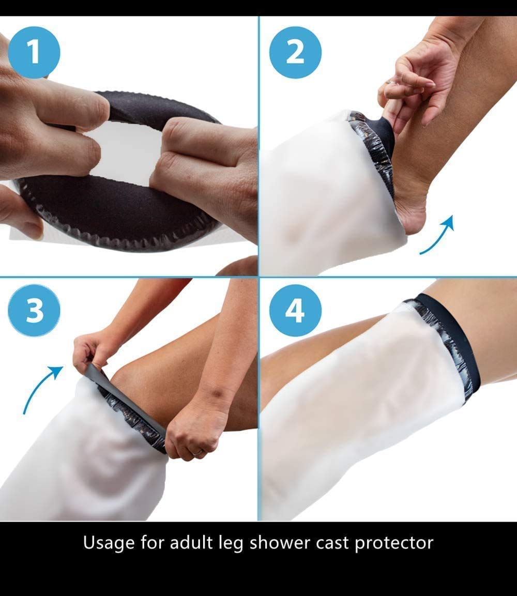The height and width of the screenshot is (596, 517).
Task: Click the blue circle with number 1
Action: pos(34,52)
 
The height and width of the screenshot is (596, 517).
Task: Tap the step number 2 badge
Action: pos(295,52)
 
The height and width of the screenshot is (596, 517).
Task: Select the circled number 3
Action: pos(34,310)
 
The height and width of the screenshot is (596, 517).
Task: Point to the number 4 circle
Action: pos(295,310)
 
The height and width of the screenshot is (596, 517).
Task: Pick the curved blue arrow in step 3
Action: pos(41,388)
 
